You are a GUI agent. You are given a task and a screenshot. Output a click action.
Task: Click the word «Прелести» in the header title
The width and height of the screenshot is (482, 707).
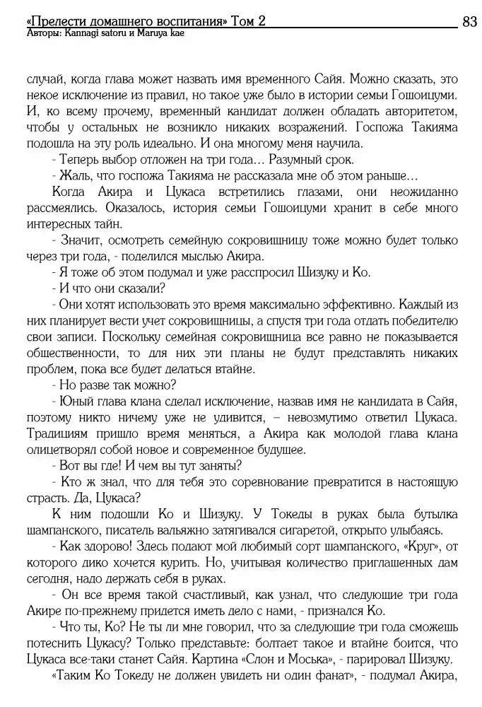pyautogui.click(x=57, y=22)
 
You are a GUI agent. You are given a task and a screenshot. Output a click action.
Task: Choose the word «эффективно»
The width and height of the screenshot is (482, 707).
pyautogui.click(x=356, y=305)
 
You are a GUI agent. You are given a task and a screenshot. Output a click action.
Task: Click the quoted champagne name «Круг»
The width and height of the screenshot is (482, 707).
pyautogui.click(x=423, y=547)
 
